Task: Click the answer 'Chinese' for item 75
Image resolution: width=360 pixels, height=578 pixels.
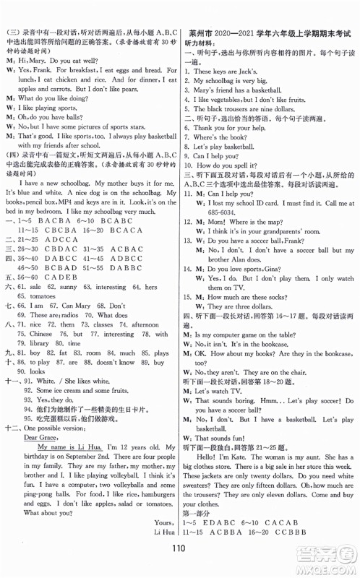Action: coord(40,314)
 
